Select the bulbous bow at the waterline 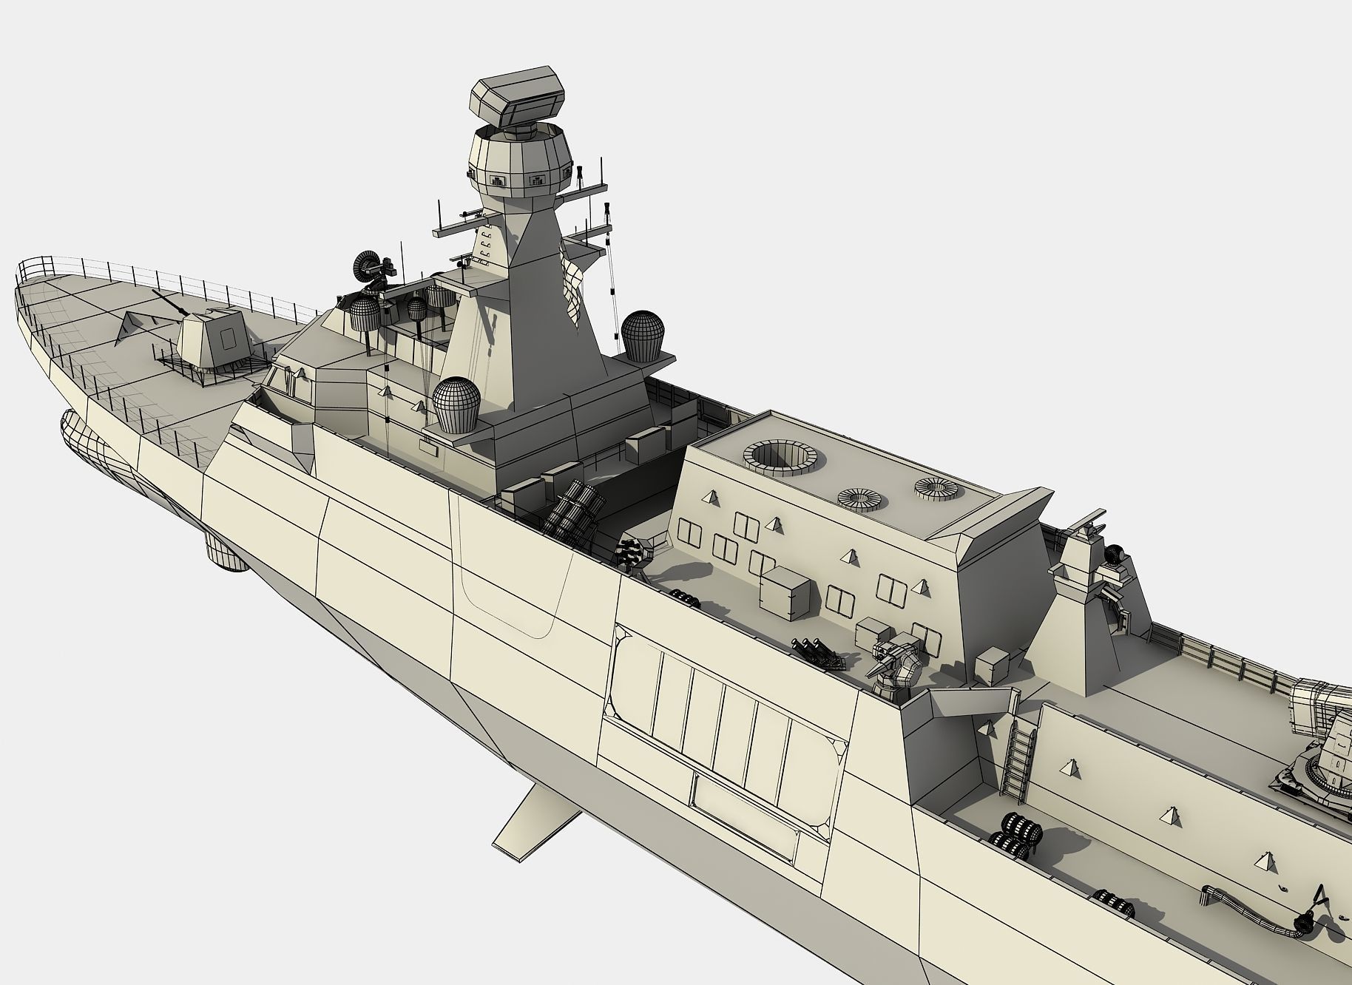click(81, 436)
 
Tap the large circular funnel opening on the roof click(781, 458)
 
